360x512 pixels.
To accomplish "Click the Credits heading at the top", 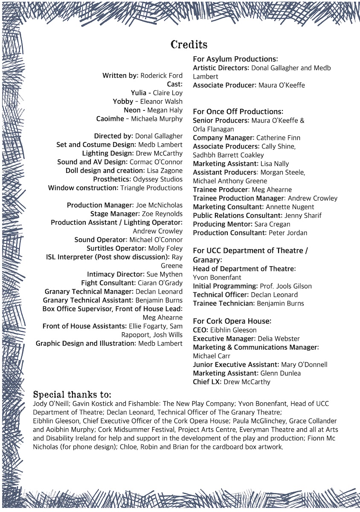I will click(189, 44).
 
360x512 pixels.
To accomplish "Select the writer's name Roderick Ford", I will click(161, 76).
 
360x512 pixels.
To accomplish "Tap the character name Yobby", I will click(123, 102).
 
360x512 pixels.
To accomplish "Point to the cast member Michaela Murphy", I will click(157, 119).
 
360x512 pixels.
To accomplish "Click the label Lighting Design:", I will click(108, 153).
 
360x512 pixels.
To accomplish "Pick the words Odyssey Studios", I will click(157, 179).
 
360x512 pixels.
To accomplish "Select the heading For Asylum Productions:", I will click(235, 59).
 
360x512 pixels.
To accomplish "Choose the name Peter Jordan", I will click(287, 233).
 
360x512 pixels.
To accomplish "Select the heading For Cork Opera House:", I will click(232, 321).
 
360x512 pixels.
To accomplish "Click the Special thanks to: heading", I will click(72, 394).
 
